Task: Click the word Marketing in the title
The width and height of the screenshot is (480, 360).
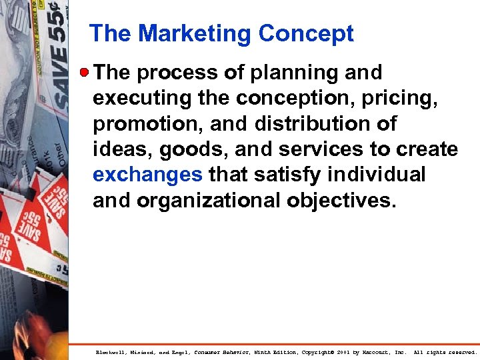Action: tap(195, 33)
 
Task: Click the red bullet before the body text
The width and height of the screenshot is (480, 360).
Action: tap(85, 71)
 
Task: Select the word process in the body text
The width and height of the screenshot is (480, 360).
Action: tap(172, 72)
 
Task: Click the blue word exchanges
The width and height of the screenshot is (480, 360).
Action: tap(147, 175)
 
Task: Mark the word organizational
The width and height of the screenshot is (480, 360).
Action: tap(210, 200)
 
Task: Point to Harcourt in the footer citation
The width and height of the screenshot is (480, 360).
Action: tap(391, 352)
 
